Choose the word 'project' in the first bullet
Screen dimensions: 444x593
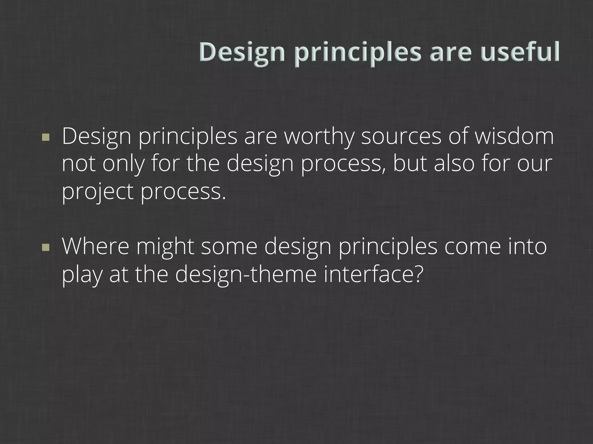[x=98, y=192]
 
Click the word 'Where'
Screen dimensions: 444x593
[x=96, y=247]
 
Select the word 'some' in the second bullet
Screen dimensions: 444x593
[x=229, y=247]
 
